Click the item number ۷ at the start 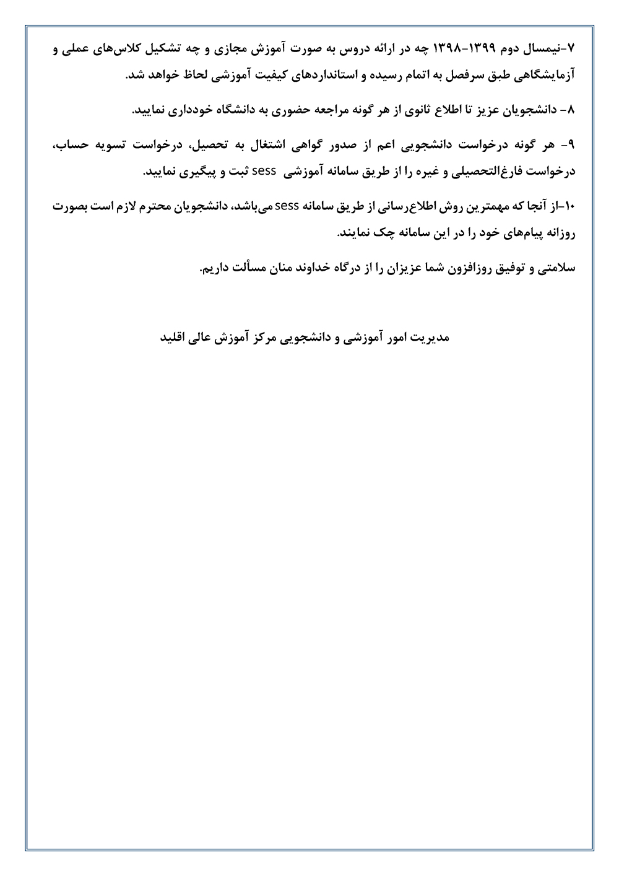pos(571,48)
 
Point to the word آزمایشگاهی pos(542,76)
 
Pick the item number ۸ pos(571,110)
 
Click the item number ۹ pos(571,144)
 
